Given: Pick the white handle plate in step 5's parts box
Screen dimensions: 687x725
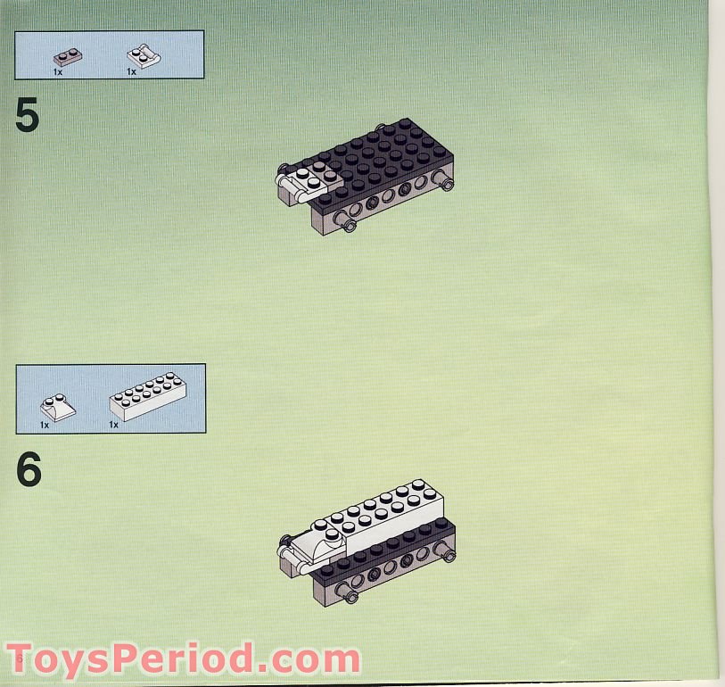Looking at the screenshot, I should click(144, 55).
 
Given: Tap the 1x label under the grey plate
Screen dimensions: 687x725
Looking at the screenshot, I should click(57, 71).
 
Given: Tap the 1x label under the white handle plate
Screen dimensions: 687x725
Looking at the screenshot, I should click(131, 71).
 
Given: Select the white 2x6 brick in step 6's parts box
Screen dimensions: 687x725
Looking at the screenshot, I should click(147, 401).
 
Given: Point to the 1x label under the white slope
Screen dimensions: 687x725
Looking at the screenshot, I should click(45, 425).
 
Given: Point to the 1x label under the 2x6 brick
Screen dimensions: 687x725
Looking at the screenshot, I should click(114, 425).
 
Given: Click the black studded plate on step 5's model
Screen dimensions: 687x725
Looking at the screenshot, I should click(383, 152).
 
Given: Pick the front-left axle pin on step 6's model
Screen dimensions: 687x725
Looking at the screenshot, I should click(351, 596).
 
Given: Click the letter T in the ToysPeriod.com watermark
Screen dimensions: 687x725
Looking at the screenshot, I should click(25, 659).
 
